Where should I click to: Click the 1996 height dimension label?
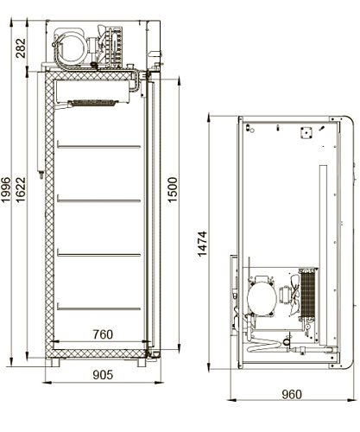[x=6, y=190]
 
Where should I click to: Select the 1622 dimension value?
[x=21, y=190]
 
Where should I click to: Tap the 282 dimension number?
[x=21, y=48]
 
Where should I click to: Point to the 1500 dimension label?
[x=173, y=190]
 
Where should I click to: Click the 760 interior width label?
[x=103, y=334]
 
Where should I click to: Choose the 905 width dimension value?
[x=103, y=375]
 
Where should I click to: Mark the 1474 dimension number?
[x=202, y=244]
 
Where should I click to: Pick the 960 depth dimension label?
[x=292, y=394]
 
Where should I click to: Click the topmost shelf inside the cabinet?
[x=99, y=146]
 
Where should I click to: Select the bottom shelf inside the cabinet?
[x=99, y=308]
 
